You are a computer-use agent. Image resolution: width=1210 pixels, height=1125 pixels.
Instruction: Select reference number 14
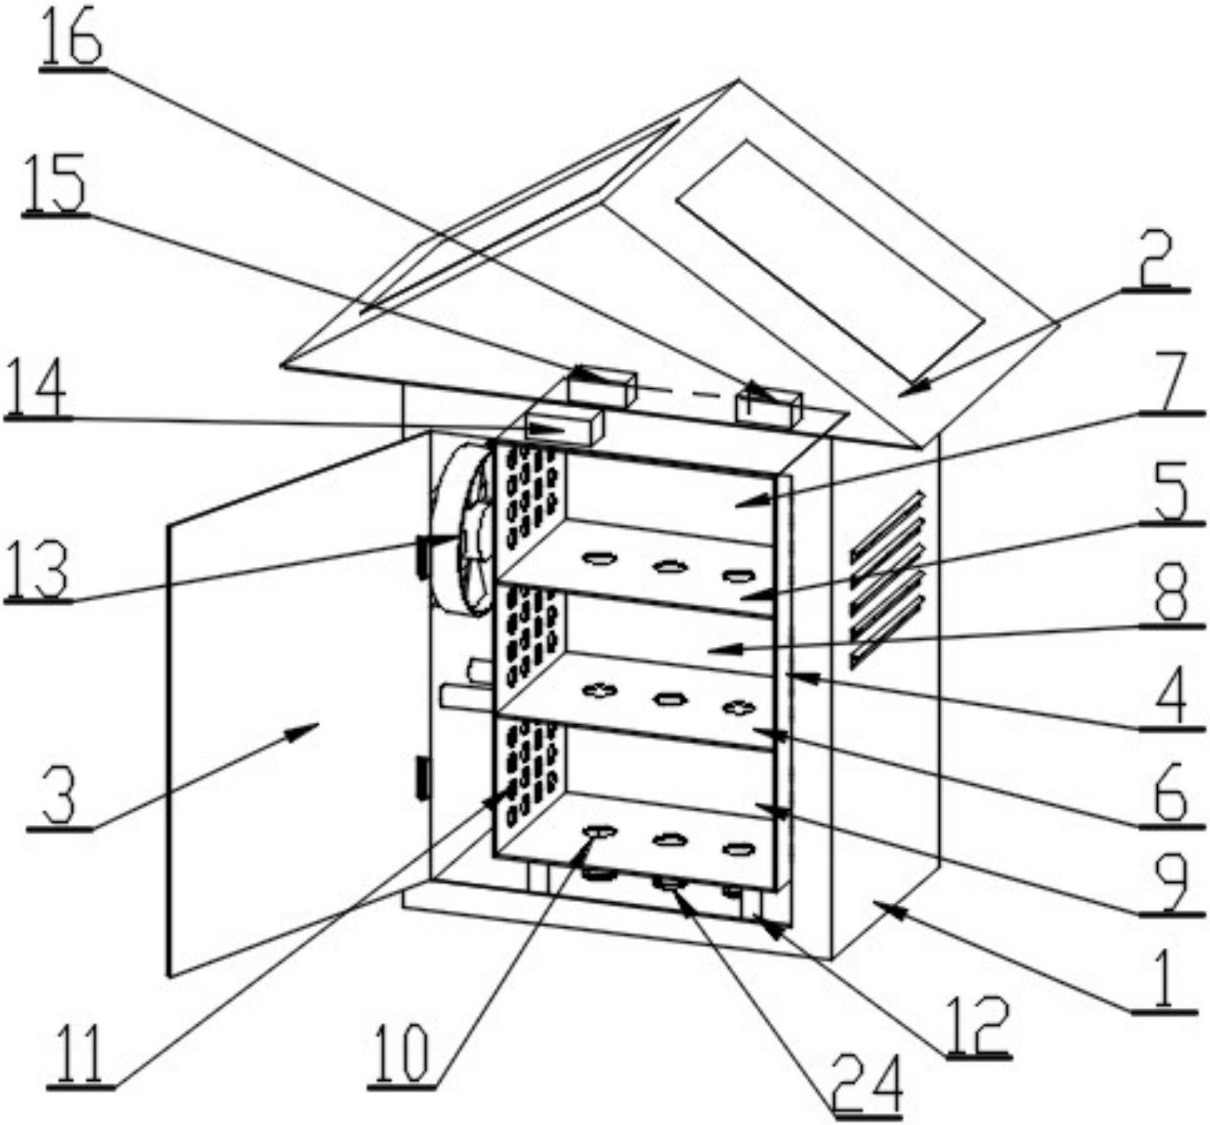(x=36, y=388)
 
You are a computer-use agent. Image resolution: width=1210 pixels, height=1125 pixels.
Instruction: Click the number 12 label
(x=978, y=1026)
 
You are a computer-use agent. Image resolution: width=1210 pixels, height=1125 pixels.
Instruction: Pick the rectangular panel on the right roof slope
(x=830, y=261)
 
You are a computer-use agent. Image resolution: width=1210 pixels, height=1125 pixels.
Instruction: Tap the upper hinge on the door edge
(x=420, y=558)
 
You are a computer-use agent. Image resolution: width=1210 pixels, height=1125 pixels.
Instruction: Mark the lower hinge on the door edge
(x=421, y=777)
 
